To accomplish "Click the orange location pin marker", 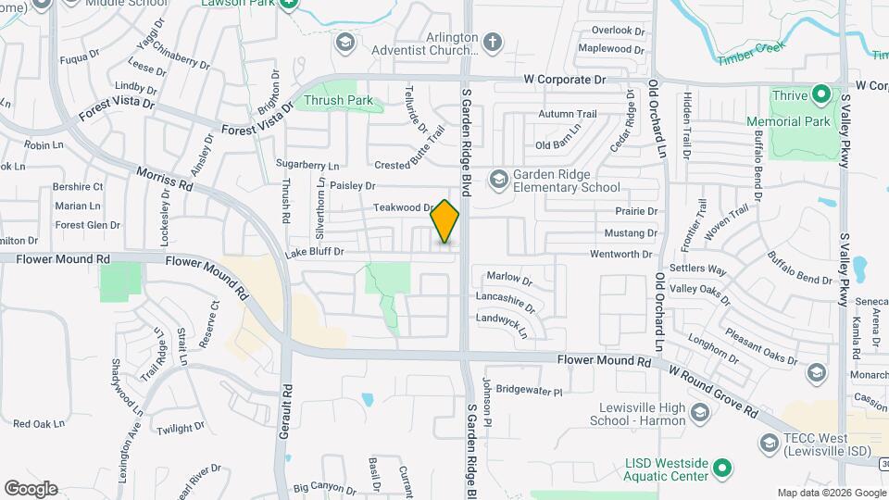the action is pyautogui.click(x=445, y=221).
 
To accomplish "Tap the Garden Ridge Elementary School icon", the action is pyautogui.click(x=498, y=178).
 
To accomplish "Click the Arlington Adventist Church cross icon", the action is pyautogui.click(x=492, y=42).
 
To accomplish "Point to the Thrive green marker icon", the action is pyautogui.click(x=820, y=94).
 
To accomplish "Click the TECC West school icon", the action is pyautogui.click(x=768, y=444).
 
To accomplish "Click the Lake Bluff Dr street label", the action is pyautogui.click(x=314, y=252).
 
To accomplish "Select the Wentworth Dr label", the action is pyautogui.click(x=621, y=254).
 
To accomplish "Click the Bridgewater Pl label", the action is pyautogui.click(x=529, y=392).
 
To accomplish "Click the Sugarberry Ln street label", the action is pyautogui.click(x=307, y=164).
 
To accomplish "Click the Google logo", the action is pyautogui.click(x=31, y=488).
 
